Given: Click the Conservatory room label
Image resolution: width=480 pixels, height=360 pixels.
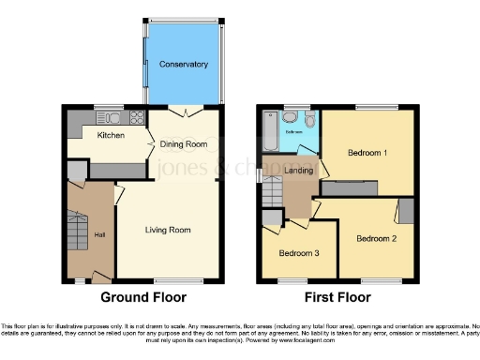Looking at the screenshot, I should [184, 65].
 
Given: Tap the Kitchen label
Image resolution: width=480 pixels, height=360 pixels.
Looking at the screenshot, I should [112, 134].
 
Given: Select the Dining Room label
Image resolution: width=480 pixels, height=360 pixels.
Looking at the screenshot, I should [184, 143].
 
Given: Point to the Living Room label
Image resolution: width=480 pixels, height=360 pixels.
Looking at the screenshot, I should [168, 230].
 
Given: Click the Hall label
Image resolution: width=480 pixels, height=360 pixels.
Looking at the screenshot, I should [99, 233].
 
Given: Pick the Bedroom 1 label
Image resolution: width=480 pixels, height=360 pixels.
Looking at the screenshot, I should [367, 153].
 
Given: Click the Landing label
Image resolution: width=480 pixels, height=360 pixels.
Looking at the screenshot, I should [299, 170].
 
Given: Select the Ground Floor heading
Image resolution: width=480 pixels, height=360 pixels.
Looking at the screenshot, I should [140, 298].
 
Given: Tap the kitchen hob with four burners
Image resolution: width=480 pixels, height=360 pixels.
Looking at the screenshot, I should [137, 119].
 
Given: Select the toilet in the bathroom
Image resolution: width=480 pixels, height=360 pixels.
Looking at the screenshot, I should [292, 118].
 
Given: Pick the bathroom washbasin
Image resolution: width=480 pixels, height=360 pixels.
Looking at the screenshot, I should [311, 119].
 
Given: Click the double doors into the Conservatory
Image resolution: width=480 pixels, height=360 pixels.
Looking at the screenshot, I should [187, 112].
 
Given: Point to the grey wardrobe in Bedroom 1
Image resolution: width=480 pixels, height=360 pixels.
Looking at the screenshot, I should [351, 187].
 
